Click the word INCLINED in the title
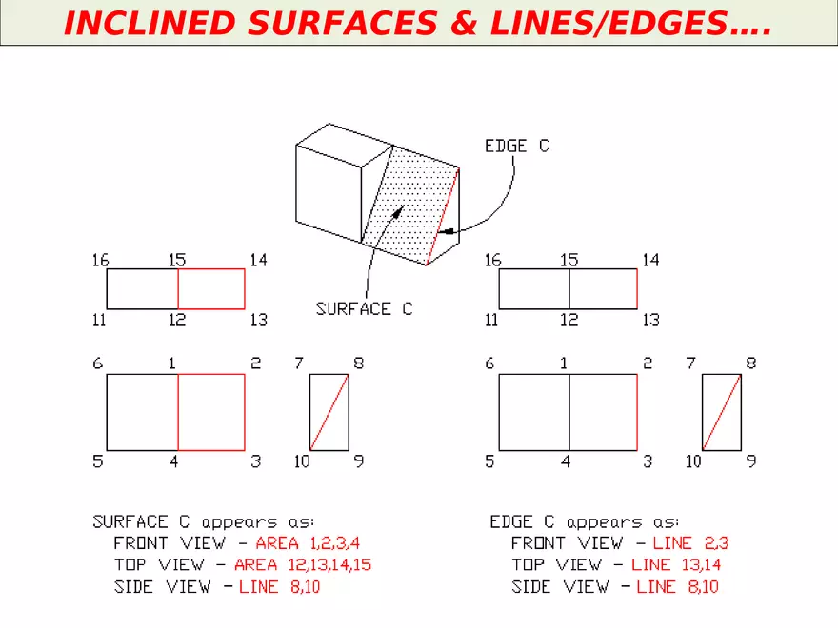click(143, 24)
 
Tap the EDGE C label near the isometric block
click(516, 147)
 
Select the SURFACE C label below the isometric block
click(364, 309)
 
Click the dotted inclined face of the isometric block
click(409, 205)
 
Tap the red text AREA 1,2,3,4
click(309, 543)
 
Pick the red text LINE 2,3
click(690, 543)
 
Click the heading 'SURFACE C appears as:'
click(203, 522)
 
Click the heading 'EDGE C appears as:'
click(584, 522)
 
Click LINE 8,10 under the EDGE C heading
click(677, 587)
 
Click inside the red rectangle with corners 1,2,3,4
click(211, 412)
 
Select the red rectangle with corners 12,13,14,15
click(211, 289)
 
